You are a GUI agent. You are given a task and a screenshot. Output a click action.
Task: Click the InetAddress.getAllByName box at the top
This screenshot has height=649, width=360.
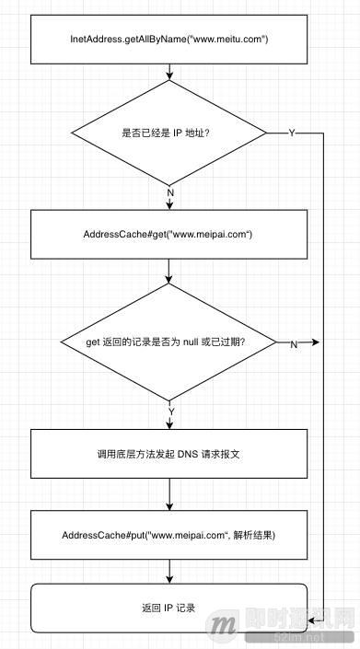[169, 40]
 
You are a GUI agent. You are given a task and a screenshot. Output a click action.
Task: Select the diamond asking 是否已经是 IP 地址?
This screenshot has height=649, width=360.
[169, 133]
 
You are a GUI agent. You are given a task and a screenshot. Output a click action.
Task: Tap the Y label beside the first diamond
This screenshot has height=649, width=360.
[292, 133]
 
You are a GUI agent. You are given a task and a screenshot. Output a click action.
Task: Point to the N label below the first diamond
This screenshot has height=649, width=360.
[170, 191]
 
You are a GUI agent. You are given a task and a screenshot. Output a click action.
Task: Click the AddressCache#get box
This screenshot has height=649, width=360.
[169, 235]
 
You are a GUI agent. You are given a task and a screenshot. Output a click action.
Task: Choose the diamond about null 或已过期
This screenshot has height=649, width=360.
[169, 343]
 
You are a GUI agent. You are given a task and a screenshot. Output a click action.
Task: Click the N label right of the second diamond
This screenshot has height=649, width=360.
[294, 344]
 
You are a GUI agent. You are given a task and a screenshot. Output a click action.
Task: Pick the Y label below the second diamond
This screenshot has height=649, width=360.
[170, 409]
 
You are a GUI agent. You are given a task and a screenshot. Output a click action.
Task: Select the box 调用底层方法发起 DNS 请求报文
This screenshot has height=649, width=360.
[169, 455]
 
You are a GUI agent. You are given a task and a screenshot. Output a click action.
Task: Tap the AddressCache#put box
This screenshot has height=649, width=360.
[169, 535]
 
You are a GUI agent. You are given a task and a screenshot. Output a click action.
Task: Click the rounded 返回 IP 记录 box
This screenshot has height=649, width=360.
[169, 608]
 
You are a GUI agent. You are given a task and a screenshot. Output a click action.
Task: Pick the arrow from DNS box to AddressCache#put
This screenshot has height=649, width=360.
[169, 495]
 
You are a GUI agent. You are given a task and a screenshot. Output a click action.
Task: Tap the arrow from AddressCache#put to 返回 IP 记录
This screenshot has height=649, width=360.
[169, 572]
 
